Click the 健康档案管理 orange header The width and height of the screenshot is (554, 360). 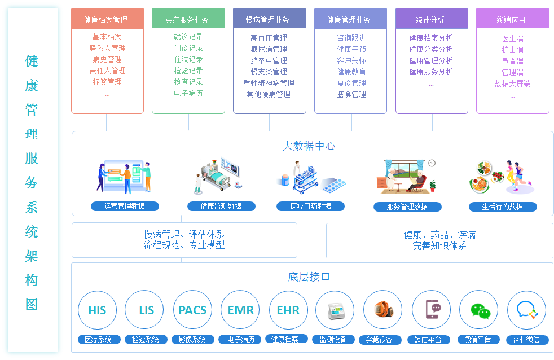pyautogui.click(x=106, y=20)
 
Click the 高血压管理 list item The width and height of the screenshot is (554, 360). pyautogui.click(x=269, y=38)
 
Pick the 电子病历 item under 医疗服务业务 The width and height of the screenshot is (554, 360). pyautogui.click(x=188, y=93)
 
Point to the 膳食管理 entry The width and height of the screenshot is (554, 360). pyautogui.click(x=351, y=94)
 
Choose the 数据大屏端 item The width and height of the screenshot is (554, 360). pyautogui.click(x=512, y=84)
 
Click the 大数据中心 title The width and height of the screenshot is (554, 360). pyautogui.click(x=309, y=146)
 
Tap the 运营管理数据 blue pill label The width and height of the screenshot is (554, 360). pyautogui.click(x=125, y=207)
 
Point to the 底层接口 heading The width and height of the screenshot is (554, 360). pyautogui.click(x=309, y=276)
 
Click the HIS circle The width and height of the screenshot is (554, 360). pyautogui.click(x=97, y=310)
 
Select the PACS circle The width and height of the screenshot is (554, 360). pyautogui.click(x=192, y=310)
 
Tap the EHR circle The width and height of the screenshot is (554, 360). pyautogui.click(x=288, y=310)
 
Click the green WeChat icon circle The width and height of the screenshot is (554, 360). pyautogui.click(x=479, y=310)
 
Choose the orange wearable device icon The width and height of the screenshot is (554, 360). pyautogui.click(x=382, y=310)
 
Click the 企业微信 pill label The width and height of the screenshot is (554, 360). pyautogui.click(x=526, y=340)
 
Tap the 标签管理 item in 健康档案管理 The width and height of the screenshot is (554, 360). pyautogui.click(x=107, y=82)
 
